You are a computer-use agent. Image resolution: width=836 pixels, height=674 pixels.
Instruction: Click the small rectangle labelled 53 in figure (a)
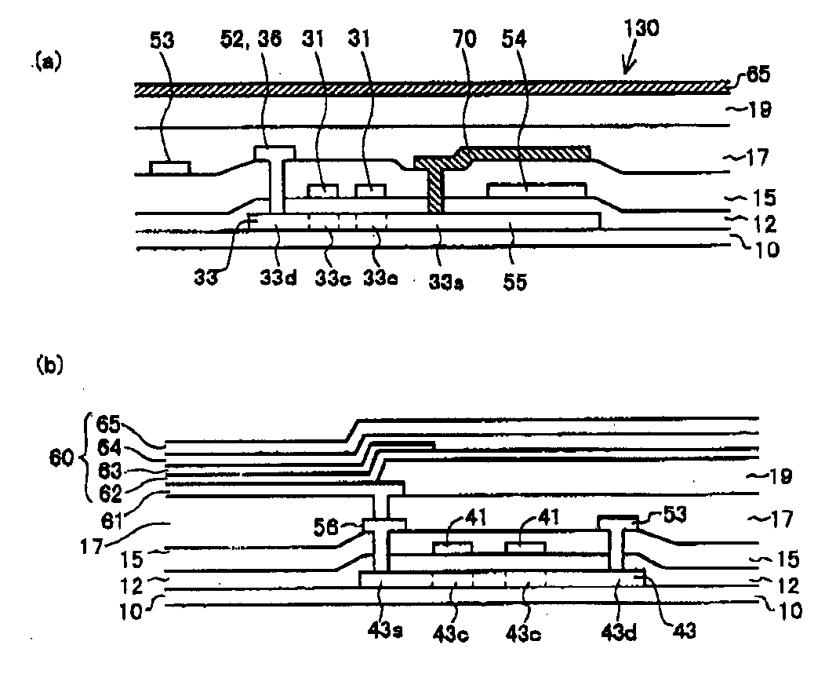(x=170, y=166)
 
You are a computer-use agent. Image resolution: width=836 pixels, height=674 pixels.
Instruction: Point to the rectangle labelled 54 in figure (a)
(x=536, y=188)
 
